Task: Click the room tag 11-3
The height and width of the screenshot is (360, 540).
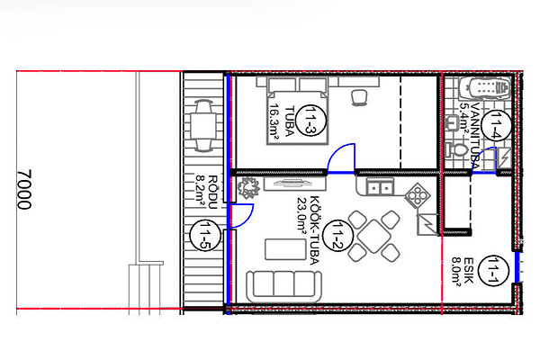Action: pyautogui.click(x=310, y=121)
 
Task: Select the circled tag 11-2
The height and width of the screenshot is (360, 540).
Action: pyautogui.click(x=337, y=236)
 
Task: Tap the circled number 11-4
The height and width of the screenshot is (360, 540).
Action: pyautogui.click(x=495, y=125)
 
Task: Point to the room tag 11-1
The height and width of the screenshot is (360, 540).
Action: pyautogui.click(x=494, y=271)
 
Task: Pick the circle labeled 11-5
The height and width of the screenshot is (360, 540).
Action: pyautogui.click(x=205, y=235)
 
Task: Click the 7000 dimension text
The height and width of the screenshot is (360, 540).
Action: pyautogui.click(x=24, y=189)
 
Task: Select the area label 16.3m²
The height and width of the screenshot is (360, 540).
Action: pyautogui.click(x=274, y=122)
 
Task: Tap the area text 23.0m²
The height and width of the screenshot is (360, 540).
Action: pyautogui.click(x=301, y=215)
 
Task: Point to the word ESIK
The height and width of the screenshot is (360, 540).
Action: pyautogui.click(x=467, y=270)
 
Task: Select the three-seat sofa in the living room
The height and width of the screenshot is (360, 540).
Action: pyautogui.click(x=284, y=286)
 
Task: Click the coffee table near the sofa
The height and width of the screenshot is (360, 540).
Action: pyautogui.click(x=285, y=249)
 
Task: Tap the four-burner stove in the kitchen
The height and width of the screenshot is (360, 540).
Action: pyautogui.click(x=418, y=195)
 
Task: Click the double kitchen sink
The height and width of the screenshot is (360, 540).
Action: pyautogui.click(x=380, y=187)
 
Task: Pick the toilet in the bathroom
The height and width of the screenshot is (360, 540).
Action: pyautogui.click(x=456, y=150)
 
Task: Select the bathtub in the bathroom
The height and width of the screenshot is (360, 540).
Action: pyautogui.click(x=484, y=88)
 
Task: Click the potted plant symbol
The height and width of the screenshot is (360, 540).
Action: pyautogui.click(x=248, y=188)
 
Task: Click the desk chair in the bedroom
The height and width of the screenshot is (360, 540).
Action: pyautogui.click(x=359, y=97)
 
